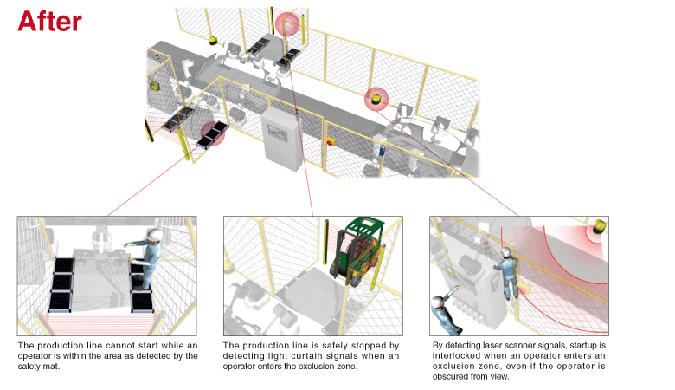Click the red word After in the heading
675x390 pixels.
[x=49, y=21]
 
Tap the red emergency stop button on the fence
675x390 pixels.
[x=330, y=140]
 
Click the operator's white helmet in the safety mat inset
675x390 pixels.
[x=154, y=236]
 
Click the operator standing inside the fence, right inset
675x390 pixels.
[x=507, y=271]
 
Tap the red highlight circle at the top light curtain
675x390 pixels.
[x=286, y=27]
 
